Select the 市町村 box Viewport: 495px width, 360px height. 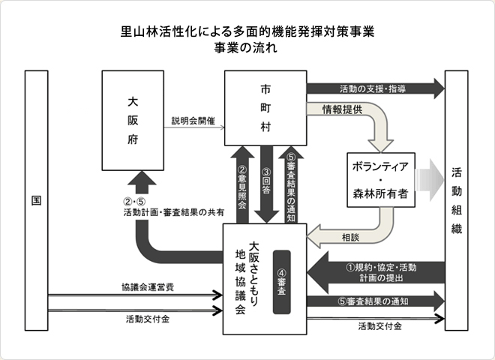[265, 108]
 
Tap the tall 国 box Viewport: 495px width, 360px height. [36, 201]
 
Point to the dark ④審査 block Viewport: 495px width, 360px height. [282, 281]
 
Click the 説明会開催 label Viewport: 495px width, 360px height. [193, 121]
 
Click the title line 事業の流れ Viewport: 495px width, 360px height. [247, 48]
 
